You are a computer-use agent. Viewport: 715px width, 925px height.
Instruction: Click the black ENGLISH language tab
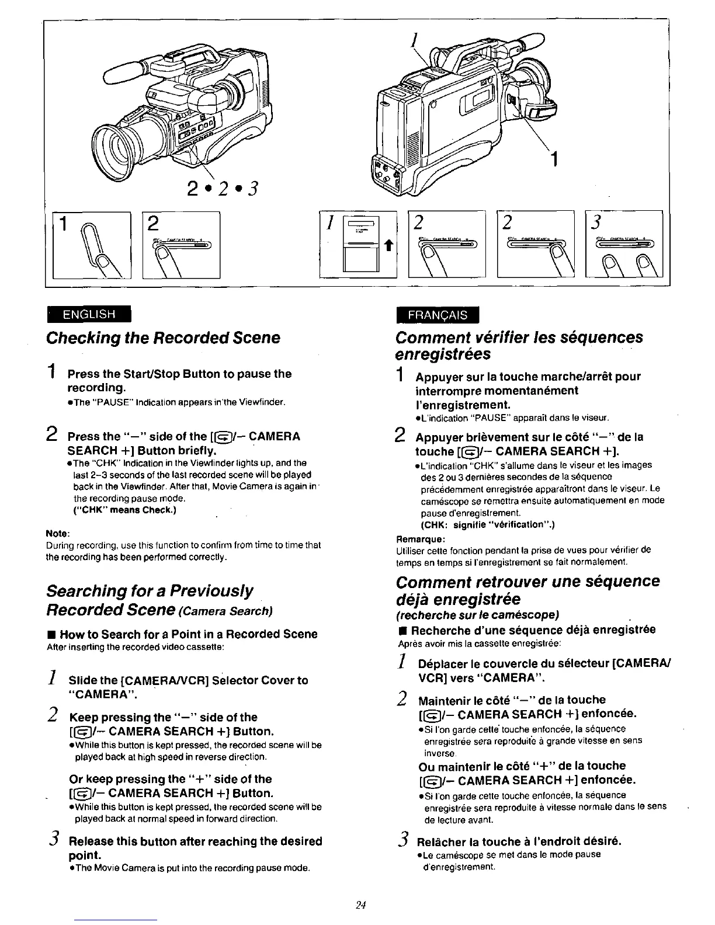(90, 314)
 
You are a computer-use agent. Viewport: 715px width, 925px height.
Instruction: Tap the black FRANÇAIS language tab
(438, 315)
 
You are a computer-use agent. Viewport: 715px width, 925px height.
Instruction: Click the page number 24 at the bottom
(360, 905)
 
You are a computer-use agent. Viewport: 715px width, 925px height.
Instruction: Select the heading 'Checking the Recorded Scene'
(163, 338)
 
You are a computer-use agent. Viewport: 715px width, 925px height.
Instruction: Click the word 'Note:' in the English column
(58, 534)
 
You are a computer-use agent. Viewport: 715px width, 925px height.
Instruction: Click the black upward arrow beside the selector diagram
(386, 247)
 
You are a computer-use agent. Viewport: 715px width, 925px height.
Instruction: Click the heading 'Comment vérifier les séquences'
(519, 338)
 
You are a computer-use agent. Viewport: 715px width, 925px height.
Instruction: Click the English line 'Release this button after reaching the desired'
(196, 841)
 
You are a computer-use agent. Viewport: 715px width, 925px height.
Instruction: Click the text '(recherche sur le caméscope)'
(477, 615)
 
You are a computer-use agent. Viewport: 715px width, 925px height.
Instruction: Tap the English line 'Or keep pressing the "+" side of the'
(171, 779)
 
